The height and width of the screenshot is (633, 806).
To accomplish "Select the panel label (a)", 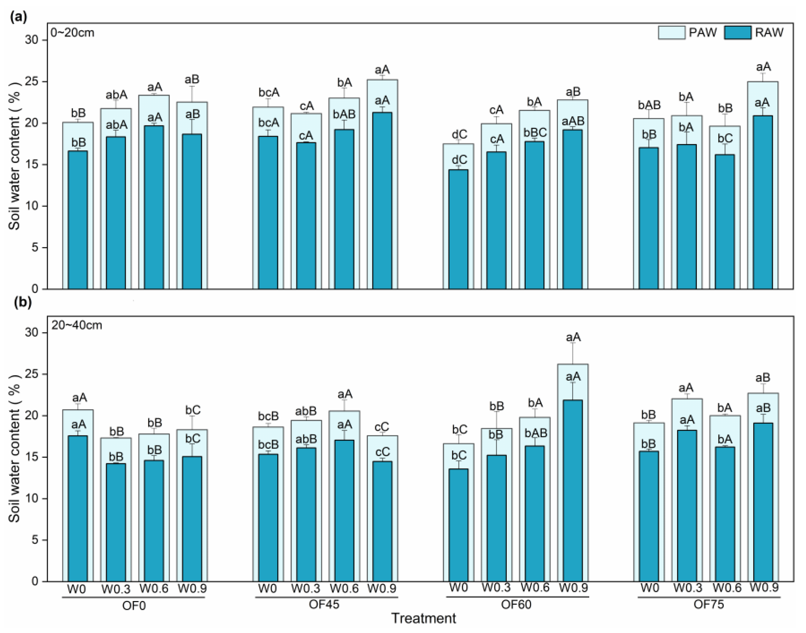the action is coord(19,17).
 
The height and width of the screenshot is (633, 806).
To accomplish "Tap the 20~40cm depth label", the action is coord(77,325).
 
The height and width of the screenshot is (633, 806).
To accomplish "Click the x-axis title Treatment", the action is coord(424,618).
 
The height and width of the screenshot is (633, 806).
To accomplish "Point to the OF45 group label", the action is coord(324,604).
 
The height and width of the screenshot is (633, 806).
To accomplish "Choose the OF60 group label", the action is coord(516,604).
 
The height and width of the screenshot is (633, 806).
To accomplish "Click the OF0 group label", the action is coord(134,606).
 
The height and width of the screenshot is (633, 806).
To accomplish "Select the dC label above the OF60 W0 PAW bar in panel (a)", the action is coord(459,134).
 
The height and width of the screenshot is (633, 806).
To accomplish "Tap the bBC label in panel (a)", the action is coord(535,132).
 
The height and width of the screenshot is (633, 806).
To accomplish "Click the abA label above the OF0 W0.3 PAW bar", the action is coord(116,95).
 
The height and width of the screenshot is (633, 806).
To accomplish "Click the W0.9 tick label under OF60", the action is coord(573,587).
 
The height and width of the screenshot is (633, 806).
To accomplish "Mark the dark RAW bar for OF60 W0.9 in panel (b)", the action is coord(572,491).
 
